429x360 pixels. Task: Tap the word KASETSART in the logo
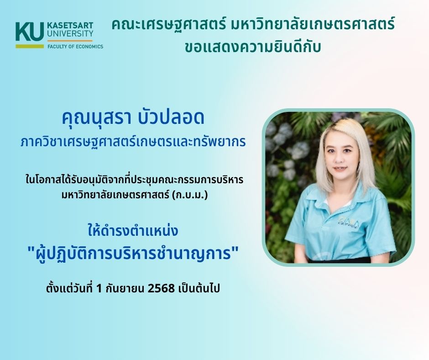coord(70,26)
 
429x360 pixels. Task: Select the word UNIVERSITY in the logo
coord(70,34)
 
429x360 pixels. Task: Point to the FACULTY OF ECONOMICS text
coord(75,47)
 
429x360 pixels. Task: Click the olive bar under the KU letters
coord(30,46)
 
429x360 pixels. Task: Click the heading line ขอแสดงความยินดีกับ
coord(252,47)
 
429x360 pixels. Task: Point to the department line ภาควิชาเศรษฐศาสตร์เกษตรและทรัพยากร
coord(133,142)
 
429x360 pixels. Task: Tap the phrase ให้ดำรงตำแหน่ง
coord(133,230)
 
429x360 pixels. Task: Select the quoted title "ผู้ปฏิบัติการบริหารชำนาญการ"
coord(133,253)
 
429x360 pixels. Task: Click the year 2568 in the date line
coord(161,288)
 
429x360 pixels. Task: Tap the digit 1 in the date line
coord(99,288)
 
